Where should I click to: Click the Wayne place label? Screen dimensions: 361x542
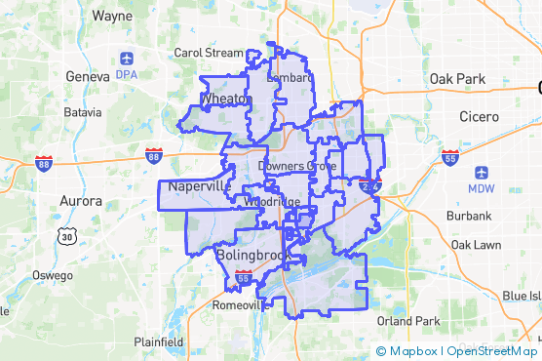click(112, 17)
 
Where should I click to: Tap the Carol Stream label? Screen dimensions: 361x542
click(208, 53)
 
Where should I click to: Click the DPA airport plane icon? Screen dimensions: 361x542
click(127, 58)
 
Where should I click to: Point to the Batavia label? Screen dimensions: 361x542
click(82, 112)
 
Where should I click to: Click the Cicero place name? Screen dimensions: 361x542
click(479, 117)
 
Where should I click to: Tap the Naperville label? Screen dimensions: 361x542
click(199, 185)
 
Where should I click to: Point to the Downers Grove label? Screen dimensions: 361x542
click(296, 167)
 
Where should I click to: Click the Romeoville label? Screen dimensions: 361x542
click(239, 305)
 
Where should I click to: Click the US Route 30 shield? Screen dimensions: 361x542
click(66, 236)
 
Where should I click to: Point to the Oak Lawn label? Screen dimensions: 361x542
click(475, 244)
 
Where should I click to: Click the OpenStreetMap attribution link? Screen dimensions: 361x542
click(493, 351)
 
